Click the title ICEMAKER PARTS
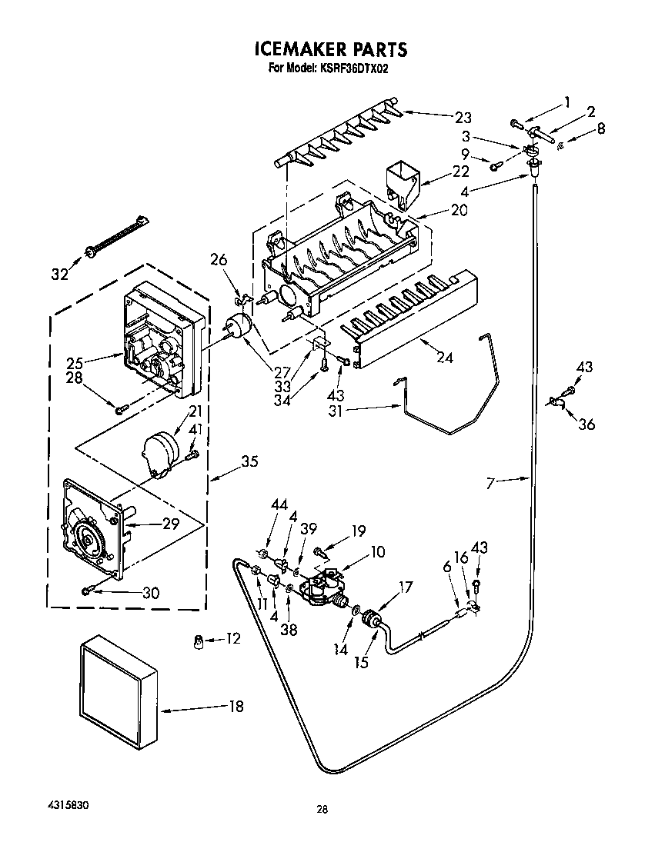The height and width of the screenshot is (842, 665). coord(331,50)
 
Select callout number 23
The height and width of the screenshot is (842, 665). coord(463,118)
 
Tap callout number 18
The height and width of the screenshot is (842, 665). coord(236,707)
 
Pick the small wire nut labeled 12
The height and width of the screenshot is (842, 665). coord(199,640)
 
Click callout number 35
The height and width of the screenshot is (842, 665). coord(249,462)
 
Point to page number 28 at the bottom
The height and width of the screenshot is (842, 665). coord(322,809)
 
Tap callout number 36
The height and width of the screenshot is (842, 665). coord(586,424)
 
